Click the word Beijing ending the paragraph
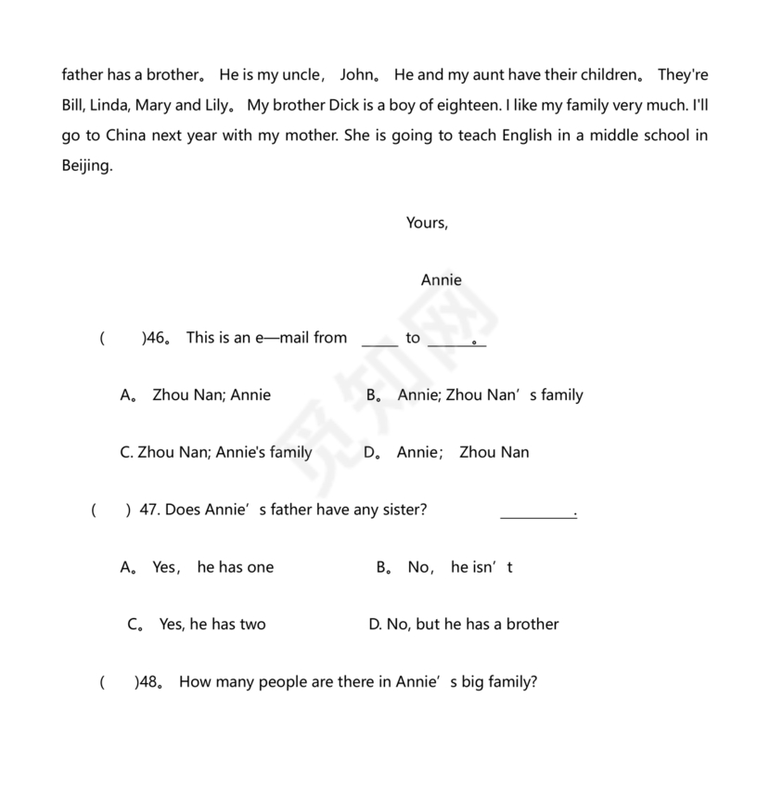86,166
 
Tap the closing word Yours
427,223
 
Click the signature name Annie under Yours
441,280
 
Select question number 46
154,338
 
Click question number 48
148,682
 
